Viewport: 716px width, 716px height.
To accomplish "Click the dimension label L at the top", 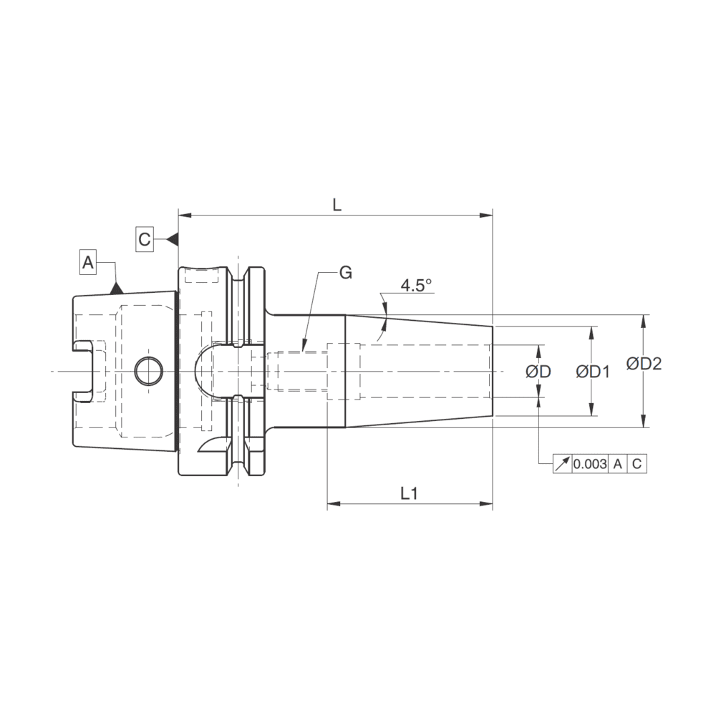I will [x=337, y=204].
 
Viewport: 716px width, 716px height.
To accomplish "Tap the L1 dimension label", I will [x=409, y=493].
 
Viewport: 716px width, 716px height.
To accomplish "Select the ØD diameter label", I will [x=538, y=372].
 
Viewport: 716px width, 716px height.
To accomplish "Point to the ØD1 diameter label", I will [x=592, y=372].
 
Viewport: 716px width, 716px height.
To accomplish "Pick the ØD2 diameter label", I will [x=644, y=364].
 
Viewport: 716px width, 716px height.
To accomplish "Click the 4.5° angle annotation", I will [x=416, y=285].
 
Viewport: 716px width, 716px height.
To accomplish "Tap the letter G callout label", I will [x=345, y=273].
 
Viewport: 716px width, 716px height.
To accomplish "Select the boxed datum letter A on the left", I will [x=88, y=261].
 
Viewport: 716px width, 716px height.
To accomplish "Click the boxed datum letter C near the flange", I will [x=145, y=238].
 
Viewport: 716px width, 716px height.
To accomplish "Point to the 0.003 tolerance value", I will [x=590, y=464].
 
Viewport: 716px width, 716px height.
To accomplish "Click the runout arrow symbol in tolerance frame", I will [x=562, y=464].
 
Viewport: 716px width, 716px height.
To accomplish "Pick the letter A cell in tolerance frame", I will [x=617, y=464].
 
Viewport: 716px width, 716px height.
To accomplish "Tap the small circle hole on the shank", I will [x=148, y=370].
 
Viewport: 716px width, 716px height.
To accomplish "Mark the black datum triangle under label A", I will [x=116, y=288].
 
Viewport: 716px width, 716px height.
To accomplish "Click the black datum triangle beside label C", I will [x=172, y=238].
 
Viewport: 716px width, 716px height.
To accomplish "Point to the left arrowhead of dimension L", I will [x=183, y=215].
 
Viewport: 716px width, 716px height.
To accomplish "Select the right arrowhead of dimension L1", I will [x=488, y=505].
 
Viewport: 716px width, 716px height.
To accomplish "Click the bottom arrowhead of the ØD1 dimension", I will [x=592, y=410].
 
